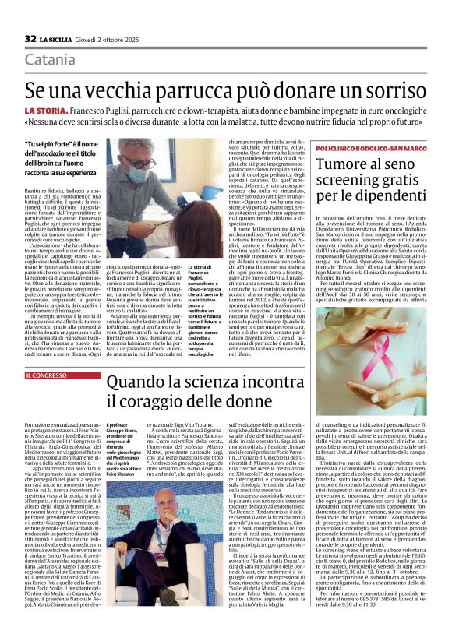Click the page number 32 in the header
click(x=30, y=38)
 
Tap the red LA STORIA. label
click(x=44, y=112)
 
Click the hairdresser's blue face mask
click(x=139, y=173)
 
